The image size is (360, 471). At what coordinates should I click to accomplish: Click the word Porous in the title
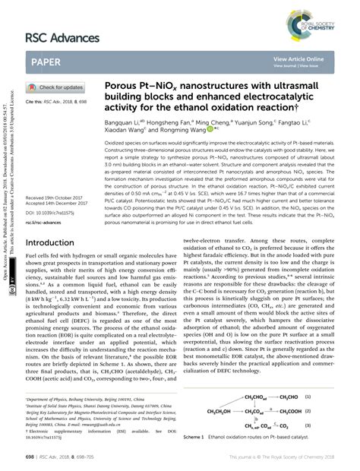pos(143,87)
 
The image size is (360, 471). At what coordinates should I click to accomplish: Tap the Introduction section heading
pos(54,243)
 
